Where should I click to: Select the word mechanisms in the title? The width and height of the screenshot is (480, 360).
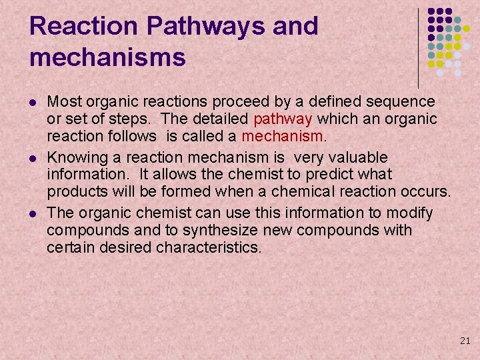coord(107,57)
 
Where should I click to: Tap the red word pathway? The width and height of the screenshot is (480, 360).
coord(283,119)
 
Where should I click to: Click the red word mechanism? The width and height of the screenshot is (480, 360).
coord(282,137)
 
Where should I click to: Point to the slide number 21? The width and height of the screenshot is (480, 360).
coord(465,341)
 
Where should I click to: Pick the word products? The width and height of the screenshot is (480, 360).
coord(75,193)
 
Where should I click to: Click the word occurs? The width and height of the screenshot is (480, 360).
coord(427,193)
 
